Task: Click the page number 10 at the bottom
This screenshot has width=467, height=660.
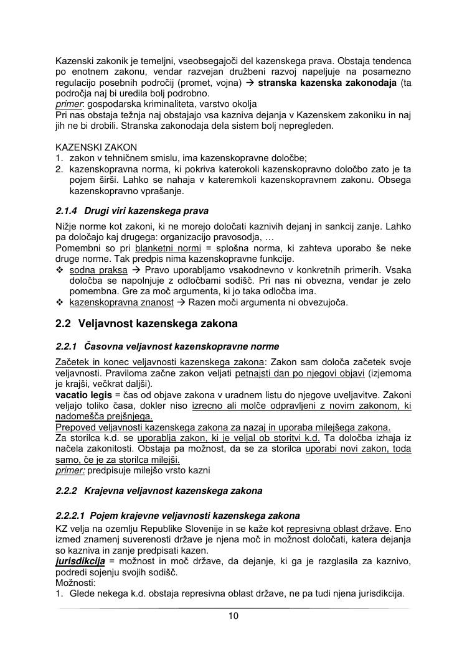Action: pos(233,616)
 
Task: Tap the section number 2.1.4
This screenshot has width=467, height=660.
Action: pos(66,211)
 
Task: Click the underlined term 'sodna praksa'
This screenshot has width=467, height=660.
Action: pos(98,270)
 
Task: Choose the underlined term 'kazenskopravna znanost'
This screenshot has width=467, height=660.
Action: pos(121,302)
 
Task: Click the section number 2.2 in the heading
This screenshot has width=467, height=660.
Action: pos(64,324)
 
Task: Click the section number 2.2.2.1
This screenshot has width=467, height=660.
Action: pos(70,516)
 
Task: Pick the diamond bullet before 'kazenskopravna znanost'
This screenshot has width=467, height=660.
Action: pos(60,302)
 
